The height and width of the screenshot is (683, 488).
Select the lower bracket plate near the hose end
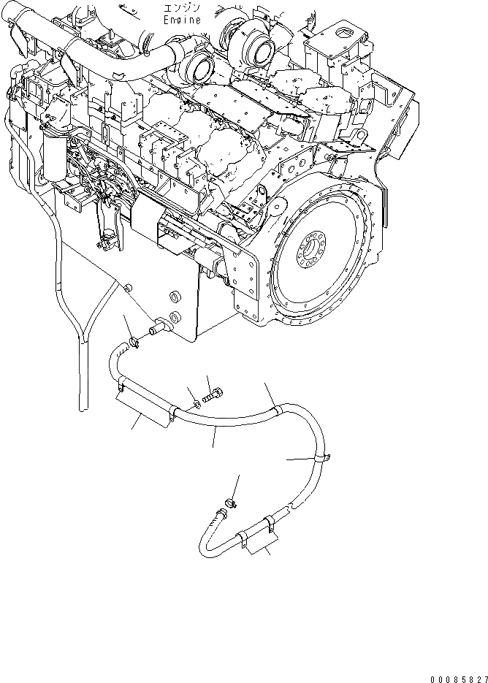[x=260, y=541]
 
